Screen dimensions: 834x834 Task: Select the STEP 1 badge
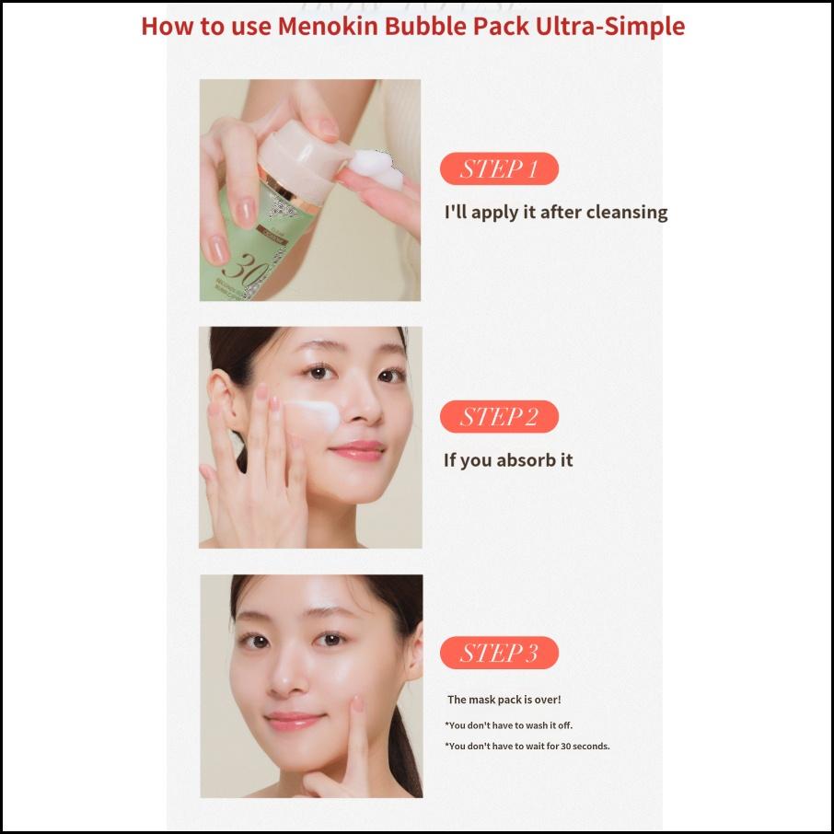pos(499,169)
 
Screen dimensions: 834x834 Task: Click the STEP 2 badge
pos(499,417)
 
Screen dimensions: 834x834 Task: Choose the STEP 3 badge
pos(499,653)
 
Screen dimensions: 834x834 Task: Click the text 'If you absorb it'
pos(508,459)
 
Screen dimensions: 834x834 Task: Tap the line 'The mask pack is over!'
pos(504,700)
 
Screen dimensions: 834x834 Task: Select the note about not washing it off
pos(508,725)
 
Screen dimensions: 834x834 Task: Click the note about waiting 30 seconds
pos(527,746)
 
